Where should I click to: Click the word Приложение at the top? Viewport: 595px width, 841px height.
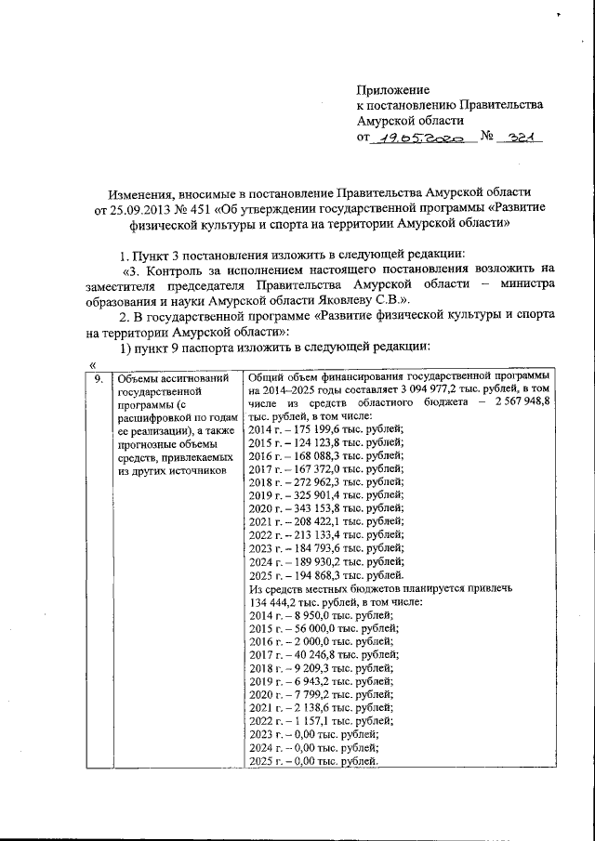(x=393, y=89)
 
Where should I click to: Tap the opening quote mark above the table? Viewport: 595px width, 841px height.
(x=91, y=364)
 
